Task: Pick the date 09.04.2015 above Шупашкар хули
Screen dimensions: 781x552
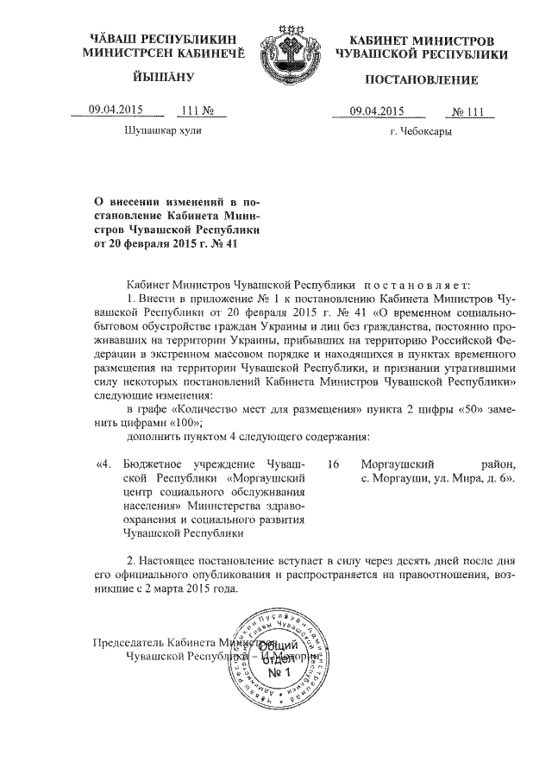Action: coord(116,110)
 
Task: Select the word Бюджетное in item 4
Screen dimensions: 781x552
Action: coord(155,463)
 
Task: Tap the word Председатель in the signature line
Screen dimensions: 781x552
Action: coord(129,643)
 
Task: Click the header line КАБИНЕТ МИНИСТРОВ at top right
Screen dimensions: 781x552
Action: coord(422,41)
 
